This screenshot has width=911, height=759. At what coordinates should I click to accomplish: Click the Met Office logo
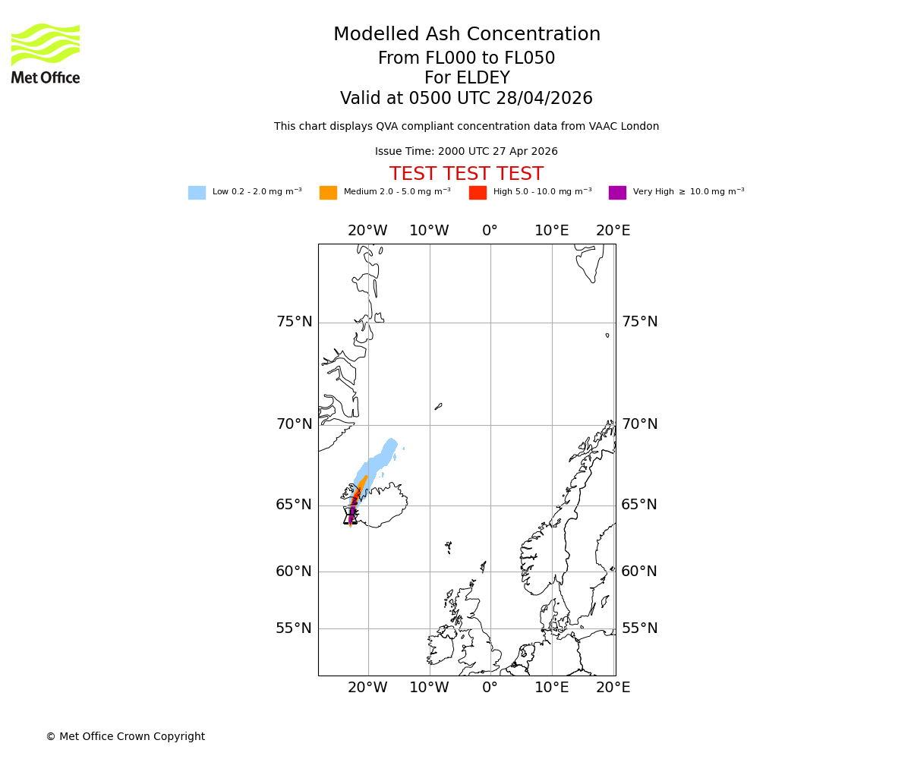(x=46, y=54)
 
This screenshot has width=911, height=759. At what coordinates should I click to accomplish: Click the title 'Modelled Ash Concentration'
(x=466, y=35)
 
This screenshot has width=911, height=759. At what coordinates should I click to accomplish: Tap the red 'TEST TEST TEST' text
(x=466, y=175)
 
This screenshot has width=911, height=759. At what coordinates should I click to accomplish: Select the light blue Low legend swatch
(x=197, y=193)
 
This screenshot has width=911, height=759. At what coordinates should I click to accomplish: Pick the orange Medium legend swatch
(x=328, y=193)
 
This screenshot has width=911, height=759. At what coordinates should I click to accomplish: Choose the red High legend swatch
(x=478, y=193)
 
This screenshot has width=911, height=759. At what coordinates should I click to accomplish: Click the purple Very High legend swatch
(x=617, y=193)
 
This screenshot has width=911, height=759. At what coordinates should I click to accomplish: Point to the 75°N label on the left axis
(x=294, y=322)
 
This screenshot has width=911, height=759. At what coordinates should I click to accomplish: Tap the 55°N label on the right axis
(x=639, y=628)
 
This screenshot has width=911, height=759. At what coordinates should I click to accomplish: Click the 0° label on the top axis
(x=490, y=231)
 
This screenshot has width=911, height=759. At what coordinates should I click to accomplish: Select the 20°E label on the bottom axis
(x=613, y=688)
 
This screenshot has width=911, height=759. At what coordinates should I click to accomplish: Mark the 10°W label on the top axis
(x=429, y=231)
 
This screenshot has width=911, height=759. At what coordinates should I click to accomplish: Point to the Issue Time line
(x=466, y=152)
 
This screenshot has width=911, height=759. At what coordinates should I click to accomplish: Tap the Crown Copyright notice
(x=125, y=737)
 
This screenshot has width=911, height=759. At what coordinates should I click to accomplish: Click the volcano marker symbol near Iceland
(x=350, y=516)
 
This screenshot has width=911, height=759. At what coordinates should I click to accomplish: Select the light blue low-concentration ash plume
(x=380, y=459)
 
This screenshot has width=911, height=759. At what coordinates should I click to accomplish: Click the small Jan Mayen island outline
(x=438, y=407)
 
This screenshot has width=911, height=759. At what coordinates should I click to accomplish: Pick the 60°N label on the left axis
(x=294, y=572)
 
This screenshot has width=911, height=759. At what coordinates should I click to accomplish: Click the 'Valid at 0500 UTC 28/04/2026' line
(x=466, y=99)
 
